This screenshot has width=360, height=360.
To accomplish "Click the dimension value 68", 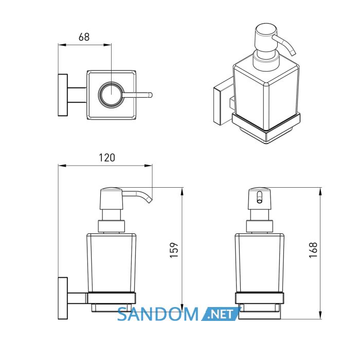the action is click(84, 37).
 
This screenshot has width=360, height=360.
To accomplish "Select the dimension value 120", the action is click(107, 158).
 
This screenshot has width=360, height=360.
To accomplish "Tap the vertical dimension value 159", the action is click(174, 250).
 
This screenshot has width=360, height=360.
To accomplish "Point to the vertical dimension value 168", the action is click(313, 250).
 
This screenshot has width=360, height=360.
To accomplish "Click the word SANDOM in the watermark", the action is click(158, 314).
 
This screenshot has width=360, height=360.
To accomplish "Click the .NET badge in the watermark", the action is click(221, 314).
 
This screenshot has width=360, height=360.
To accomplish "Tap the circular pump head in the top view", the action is click(112, 94).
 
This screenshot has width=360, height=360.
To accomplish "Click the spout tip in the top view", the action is click(150, 95).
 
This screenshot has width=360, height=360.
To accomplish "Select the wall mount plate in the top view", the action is click(63, 95).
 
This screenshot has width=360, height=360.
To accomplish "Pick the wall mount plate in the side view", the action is click(63, 298).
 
